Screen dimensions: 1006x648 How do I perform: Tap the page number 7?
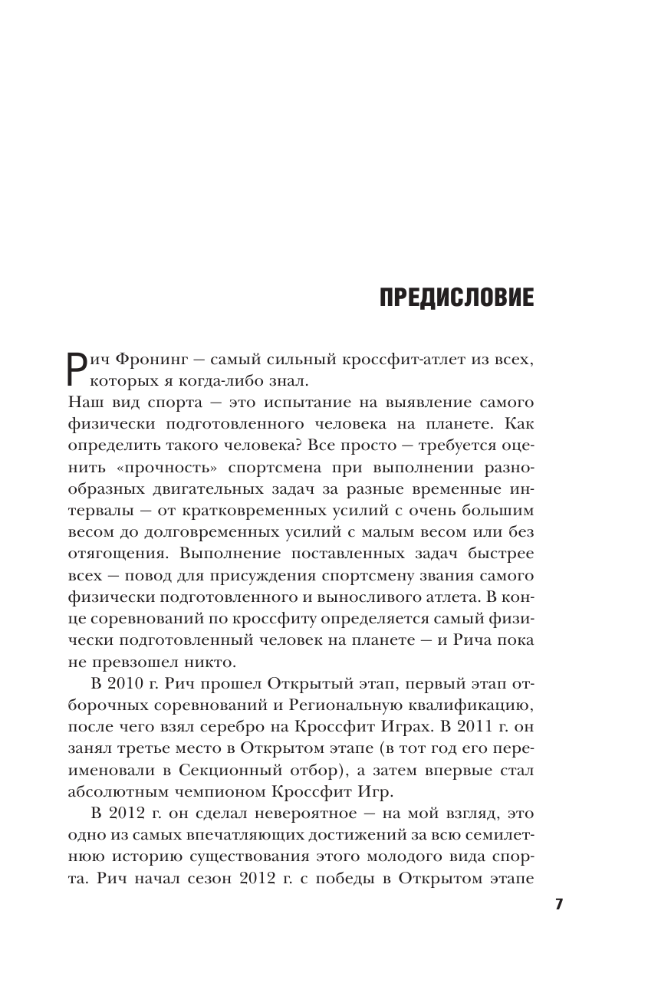coord(559,905)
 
